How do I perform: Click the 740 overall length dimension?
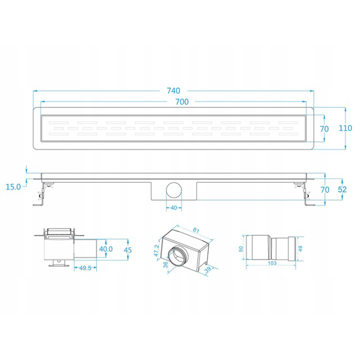[173, 91]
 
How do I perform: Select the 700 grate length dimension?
[182, 102]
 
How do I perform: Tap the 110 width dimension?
[345, 128]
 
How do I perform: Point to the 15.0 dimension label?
[13, 187]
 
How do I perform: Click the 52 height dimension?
[342, 189]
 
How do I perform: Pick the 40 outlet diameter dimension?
[174, 208]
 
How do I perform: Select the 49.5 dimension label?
[85, 268]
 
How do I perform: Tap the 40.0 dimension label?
[106, 249]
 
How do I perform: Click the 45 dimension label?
[128, 250]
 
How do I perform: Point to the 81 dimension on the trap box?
[196, 230]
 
